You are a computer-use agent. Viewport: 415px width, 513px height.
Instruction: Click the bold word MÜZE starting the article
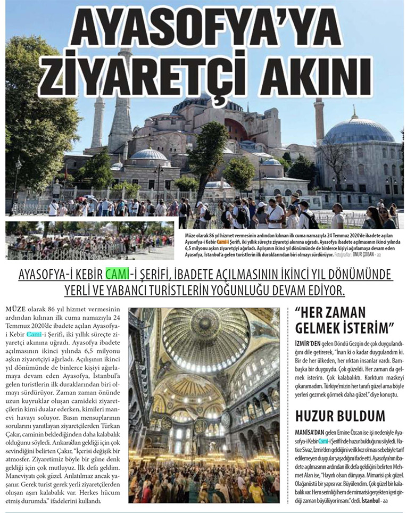coord(14,310)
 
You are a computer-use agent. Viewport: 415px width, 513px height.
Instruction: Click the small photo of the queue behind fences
coord(89,240)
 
